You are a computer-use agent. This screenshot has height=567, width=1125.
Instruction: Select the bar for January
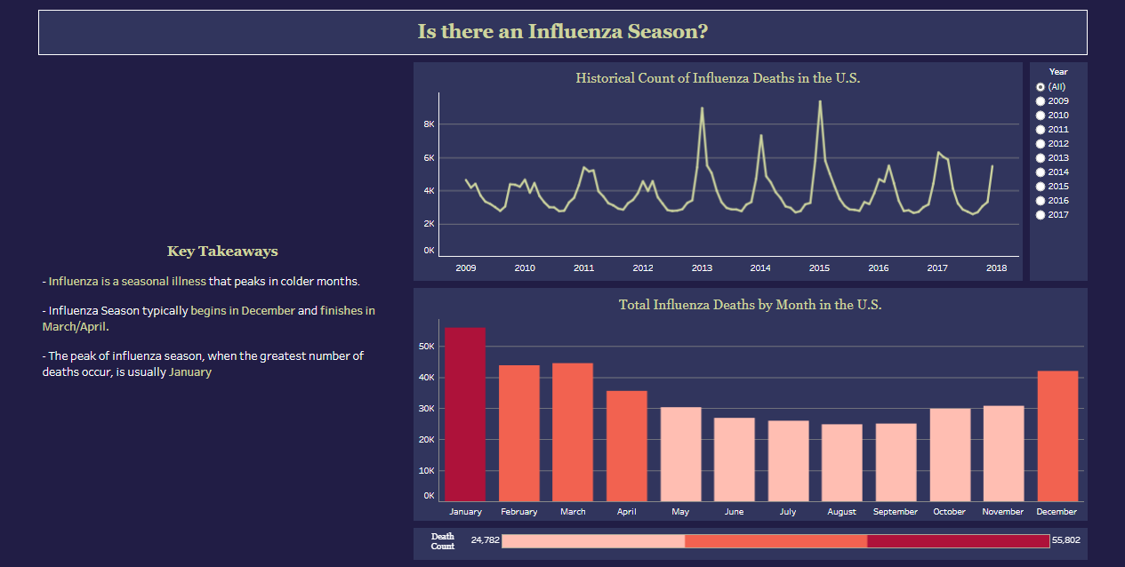tap(465, 414)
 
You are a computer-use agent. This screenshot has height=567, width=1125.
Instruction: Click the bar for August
tap(841, 462)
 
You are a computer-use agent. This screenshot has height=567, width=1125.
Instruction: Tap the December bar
tap(1057, 435)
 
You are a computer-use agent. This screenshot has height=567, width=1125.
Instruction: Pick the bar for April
tap(627, 445)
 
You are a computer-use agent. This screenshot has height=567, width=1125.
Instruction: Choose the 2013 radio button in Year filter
tap(1041, 158)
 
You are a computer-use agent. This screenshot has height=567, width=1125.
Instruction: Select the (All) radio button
tap(1041, 87)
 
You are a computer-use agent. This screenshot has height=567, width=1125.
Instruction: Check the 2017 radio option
tap(1041, 215)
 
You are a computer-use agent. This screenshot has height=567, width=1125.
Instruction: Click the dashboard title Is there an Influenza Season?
tap(562, 32)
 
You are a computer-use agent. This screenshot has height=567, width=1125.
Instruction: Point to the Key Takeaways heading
tap(222, 252)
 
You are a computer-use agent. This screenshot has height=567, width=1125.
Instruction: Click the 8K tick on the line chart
tap(429, 124)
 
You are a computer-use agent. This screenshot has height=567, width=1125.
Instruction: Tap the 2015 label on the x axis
tap(819, 268)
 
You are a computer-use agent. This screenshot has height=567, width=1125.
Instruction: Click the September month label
tap(895, 512)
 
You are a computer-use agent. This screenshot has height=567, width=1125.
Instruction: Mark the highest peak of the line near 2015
tap(819, 101)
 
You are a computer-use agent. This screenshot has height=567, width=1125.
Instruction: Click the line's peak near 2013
tap(702, 108)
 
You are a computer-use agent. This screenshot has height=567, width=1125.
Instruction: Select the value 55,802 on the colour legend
tap(1065, 539)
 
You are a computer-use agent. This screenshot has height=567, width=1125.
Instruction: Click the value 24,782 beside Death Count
tap(486, 539)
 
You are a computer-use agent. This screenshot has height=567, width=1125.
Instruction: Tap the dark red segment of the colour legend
tap(958, 541)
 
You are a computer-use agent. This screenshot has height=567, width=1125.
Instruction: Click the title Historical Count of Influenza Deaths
tap(718, 78)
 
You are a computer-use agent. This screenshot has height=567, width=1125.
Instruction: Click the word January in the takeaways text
tap(190, 372)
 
